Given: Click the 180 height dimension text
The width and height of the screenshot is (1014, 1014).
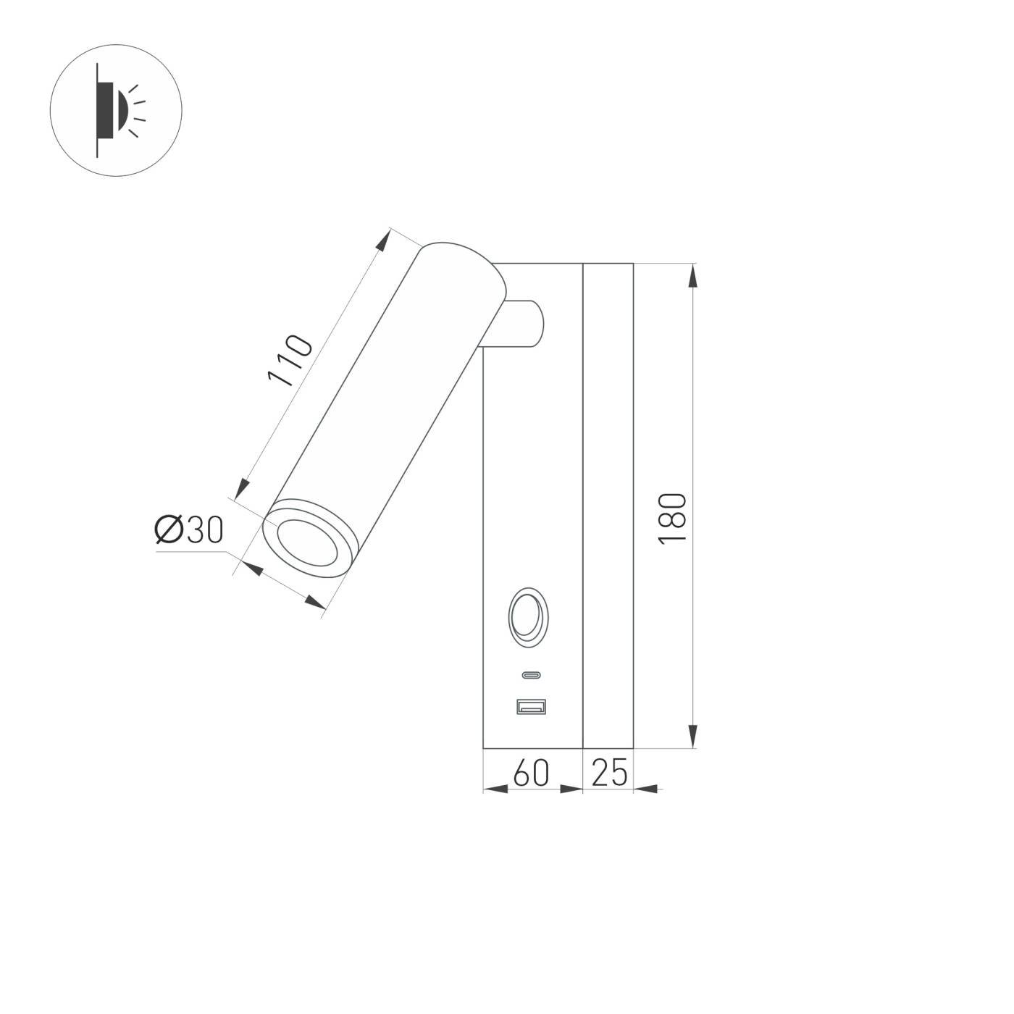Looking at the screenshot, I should coord(673,519).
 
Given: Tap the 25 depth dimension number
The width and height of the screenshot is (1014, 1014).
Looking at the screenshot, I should coord(609,773).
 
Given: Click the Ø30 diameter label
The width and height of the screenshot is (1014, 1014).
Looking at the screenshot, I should coord(189,531).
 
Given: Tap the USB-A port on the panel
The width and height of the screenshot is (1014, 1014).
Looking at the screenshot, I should coord(531,705).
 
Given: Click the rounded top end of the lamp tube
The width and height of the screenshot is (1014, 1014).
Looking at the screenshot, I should coord(456,253).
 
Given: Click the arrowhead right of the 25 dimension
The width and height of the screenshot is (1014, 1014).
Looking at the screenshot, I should coord(646,789).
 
